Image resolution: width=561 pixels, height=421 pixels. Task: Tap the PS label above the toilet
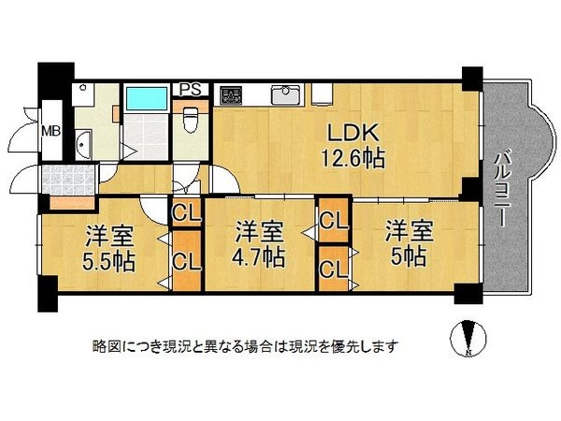(191, 90)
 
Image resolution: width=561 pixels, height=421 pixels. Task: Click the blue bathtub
(145, 98)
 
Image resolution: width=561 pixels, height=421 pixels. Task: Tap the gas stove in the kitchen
(229, 94)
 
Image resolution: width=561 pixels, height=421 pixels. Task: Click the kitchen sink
(285, 94)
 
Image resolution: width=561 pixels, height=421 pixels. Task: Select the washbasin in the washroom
(81, 146)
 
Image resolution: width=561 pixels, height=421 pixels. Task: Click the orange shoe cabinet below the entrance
(71, 201)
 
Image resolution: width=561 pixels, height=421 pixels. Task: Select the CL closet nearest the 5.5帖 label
(186, 263)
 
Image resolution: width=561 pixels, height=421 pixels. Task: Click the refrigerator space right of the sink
(323, 94)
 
